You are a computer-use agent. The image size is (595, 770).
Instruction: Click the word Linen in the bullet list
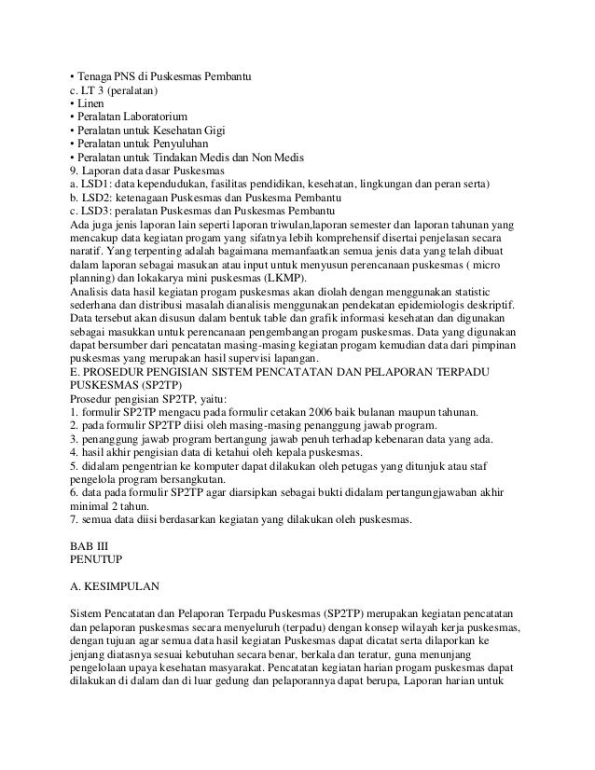click(92, 105)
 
